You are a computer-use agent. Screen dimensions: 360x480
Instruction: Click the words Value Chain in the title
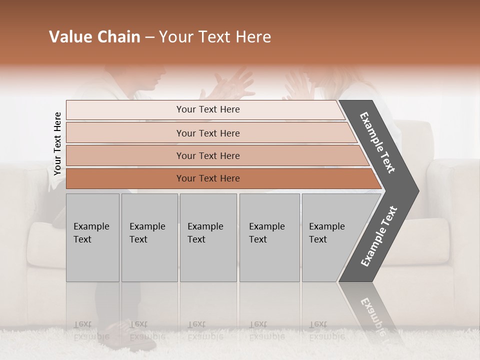coord(94,37)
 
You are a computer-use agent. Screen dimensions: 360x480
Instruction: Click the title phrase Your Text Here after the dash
coord(215,37)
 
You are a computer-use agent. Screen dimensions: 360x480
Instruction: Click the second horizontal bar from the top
coord(208,133)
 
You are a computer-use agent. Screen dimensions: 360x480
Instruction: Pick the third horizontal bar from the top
coord(208,155)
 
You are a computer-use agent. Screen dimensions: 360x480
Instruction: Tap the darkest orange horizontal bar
coord(208,178)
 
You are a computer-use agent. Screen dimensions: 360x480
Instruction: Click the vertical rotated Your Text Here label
coord(57,143)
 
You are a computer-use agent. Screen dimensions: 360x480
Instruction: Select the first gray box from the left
coord(92,237)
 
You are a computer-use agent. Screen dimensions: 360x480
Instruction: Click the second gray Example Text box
coord(149,237)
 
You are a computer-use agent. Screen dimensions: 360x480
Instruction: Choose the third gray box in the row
coord(208,237)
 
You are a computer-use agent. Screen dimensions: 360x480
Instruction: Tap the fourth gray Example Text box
coord(269,237)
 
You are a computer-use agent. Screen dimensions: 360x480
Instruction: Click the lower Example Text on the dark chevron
coord(379,236)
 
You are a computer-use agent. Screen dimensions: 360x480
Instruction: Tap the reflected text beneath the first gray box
coord(91,330)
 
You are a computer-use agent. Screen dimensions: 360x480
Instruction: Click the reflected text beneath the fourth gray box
coord(266,330)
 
